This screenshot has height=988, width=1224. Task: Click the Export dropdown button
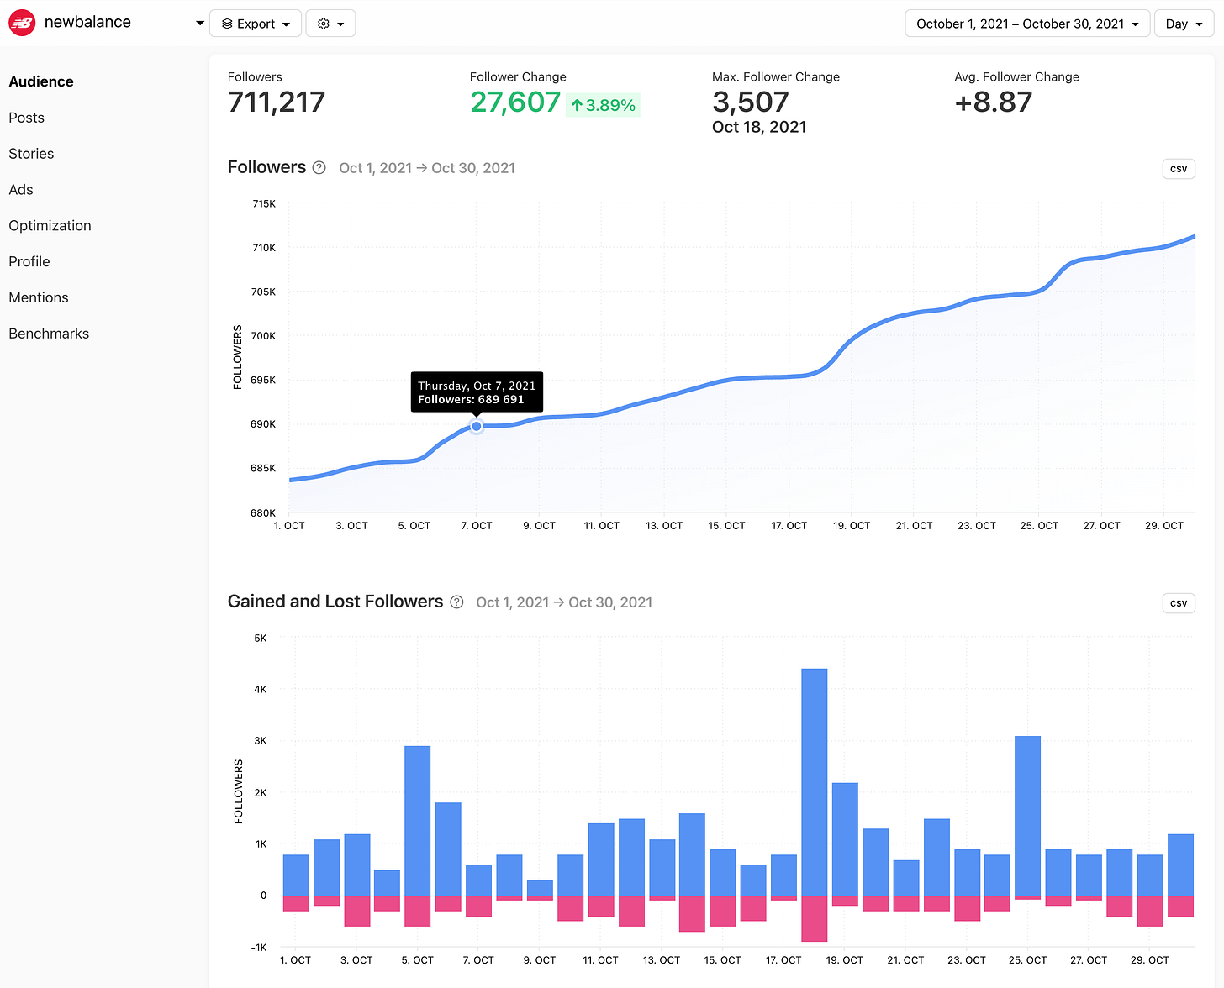255,24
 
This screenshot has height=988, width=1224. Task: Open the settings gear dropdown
330,24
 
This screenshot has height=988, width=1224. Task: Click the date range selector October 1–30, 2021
1026,24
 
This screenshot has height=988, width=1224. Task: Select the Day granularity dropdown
1184,24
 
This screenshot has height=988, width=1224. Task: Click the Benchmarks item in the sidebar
49,334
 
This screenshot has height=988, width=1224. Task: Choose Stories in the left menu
31,154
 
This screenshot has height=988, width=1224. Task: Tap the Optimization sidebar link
50,225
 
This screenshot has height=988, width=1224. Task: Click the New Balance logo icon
22,23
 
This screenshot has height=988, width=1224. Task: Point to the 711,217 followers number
276,102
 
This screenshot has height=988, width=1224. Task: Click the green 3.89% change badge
603,105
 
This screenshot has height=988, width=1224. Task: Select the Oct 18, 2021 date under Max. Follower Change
758,127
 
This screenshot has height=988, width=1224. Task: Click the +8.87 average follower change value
993,102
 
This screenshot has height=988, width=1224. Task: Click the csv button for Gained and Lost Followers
1178,603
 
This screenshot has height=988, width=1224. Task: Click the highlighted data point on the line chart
477,427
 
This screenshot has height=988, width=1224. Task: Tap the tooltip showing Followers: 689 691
477,392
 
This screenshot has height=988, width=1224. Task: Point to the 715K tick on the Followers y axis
263,203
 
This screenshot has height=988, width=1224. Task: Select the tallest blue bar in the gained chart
814,781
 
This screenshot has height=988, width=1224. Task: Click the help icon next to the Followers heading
319,168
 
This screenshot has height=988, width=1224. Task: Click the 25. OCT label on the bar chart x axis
1027,959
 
